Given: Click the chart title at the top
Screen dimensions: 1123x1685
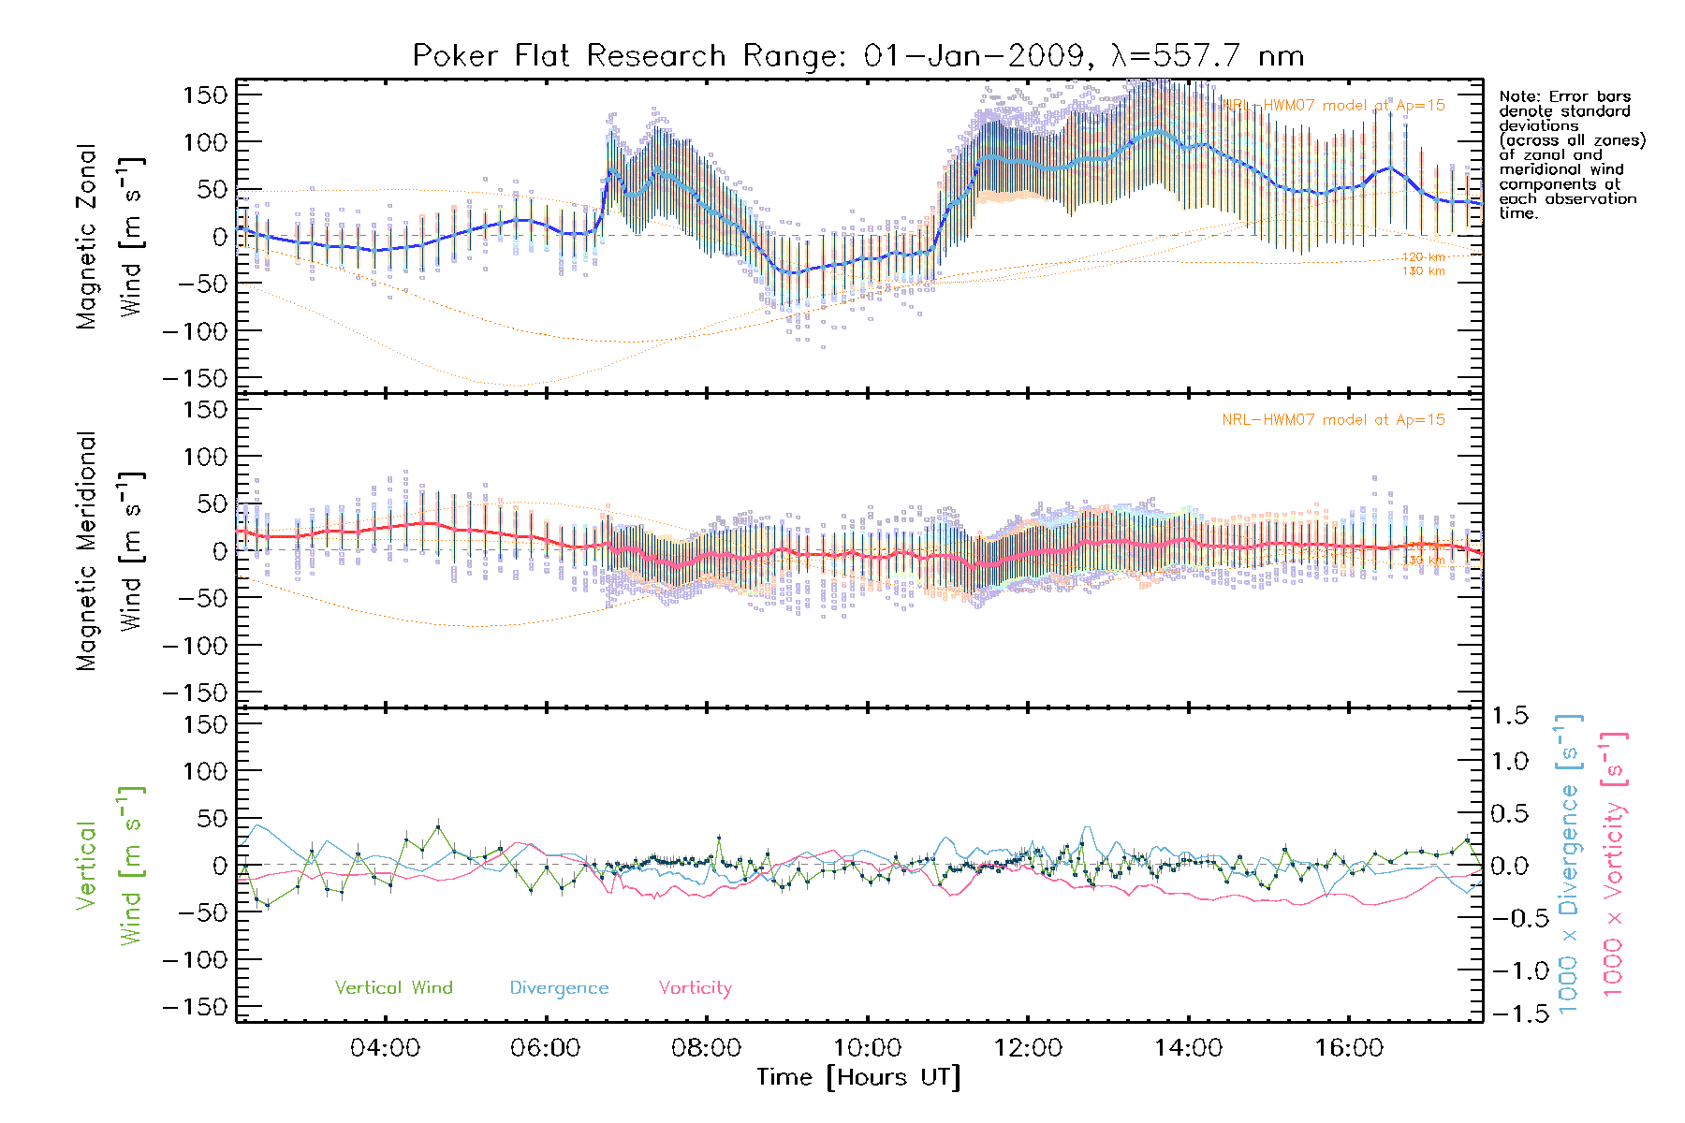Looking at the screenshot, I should point(857,56).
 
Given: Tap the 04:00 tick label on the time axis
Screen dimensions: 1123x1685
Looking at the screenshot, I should point(385,1048).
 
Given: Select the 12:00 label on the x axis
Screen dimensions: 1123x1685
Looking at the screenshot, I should point(1028,1048).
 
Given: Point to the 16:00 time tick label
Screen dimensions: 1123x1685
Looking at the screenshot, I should point(1349,1048).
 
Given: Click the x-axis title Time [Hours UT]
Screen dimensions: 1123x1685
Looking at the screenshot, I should point(857,1077).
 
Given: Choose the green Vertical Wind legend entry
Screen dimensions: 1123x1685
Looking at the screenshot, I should point(393,988).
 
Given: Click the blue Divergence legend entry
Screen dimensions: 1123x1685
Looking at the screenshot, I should point(559,988).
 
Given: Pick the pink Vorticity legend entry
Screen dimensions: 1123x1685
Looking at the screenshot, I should point(695,988).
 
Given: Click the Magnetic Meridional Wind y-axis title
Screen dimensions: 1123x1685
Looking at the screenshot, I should point(110,551).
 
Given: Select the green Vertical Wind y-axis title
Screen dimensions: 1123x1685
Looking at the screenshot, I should point(110,866).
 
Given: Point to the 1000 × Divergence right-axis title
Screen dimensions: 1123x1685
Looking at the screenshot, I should point(1569,865).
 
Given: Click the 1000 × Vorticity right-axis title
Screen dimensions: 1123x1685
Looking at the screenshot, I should point(1614,865).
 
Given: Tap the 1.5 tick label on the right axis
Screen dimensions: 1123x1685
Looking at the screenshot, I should point(1509,716).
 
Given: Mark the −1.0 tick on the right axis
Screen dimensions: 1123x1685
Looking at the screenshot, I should point(1509,970).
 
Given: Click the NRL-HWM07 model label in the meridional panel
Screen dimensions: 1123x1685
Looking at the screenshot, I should point(1333,420).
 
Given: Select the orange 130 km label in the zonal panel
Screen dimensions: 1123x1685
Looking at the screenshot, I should point(1423,271).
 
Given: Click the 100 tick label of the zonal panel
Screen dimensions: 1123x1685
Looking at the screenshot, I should point(205,142).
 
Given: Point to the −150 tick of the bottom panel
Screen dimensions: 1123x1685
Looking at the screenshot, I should point(195,1007).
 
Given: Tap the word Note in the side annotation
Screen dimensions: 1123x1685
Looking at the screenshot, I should point(1517,97).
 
